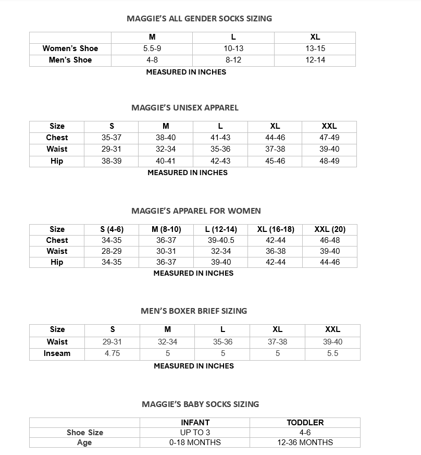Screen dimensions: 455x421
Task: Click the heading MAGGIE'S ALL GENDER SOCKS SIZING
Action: tap(199, 18)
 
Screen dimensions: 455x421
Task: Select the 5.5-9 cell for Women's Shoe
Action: tap(152, 48)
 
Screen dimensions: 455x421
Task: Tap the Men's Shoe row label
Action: tap(70, 60)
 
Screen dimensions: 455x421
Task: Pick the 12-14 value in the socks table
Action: tap(315, 60)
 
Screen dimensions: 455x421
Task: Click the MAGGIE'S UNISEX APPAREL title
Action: tap(185, 108)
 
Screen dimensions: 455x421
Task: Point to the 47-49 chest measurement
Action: tap(329, 138)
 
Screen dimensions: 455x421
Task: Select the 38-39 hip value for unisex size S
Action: tap(112, 161)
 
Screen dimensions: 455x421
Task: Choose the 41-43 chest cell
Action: tap(220, 138)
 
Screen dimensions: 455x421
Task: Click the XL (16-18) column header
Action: tap(276, 229)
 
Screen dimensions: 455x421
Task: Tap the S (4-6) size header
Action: tap(112, 229)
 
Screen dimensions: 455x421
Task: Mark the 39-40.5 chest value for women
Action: tap(221, 240)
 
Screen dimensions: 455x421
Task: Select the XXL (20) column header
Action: tap(330, 229)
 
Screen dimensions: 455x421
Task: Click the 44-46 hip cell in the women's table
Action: tap(330, 262)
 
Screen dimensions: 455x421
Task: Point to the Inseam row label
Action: tap(57, 353)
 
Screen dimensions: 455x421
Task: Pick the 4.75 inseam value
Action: tap(112, 353)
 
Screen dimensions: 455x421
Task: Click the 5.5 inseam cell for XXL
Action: tap(332, 353)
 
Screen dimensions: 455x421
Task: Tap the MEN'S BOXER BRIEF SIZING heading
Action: tap(194, 311)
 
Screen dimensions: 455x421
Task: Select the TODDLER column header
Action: tap(305, 423)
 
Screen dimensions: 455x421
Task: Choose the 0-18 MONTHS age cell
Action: tap(195, 442)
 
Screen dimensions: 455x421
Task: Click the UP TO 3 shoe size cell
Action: tap(195, 433)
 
